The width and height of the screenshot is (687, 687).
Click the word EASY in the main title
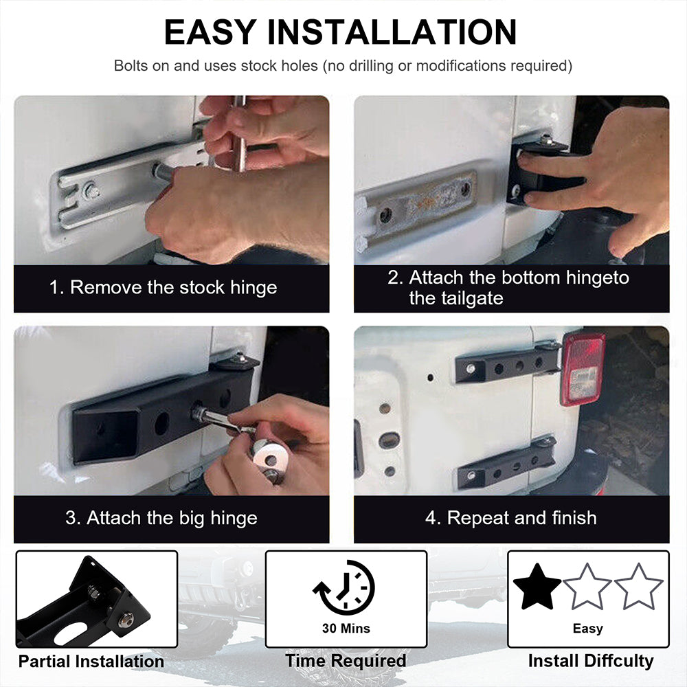coord(210,32)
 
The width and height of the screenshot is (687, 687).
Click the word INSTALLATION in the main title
coord(392,32)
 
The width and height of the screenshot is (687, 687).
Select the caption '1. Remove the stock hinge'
coord(163,287)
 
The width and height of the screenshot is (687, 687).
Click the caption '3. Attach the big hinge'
coord(161,518)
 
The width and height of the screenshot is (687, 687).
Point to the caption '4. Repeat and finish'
coord(511,518)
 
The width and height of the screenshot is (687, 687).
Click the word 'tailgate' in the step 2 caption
coord(456,298)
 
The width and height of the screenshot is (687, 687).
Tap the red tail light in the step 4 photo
coord(583,369)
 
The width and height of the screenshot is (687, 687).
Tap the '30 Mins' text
coord(346,629)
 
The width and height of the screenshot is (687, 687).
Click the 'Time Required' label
coord(346,661)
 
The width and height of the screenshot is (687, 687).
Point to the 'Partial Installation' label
coord(91,661)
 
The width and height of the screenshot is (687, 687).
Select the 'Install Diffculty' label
coord(591,661)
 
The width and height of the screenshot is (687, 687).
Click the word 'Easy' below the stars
coord(588,629)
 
